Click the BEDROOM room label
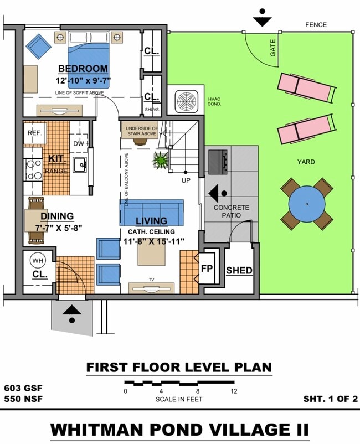(83, 69)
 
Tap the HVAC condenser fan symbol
(186, 101)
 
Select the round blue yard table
(307, 203)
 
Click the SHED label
(239, 271)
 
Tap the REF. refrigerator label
(35, 133)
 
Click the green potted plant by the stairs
(161, 160)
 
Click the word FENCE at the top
(316, 25)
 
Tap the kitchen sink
(80, 164)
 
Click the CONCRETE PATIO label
(232, 211)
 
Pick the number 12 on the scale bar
(234, 391)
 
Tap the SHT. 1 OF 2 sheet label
(330, 398)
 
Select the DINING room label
(57, 216)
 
